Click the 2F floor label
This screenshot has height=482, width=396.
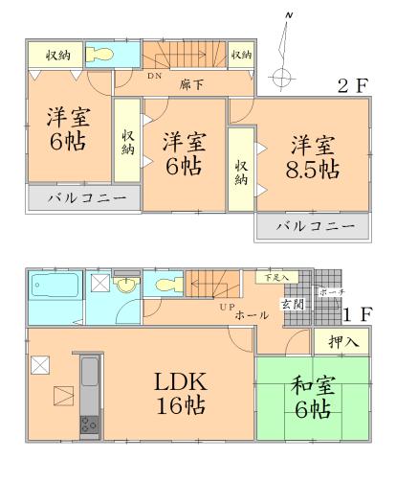352,85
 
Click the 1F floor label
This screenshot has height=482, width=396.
357,313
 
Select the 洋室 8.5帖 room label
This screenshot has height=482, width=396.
315,157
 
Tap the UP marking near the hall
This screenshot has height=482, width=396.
227,307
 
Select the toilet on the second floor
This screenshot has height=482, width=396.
99,54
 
